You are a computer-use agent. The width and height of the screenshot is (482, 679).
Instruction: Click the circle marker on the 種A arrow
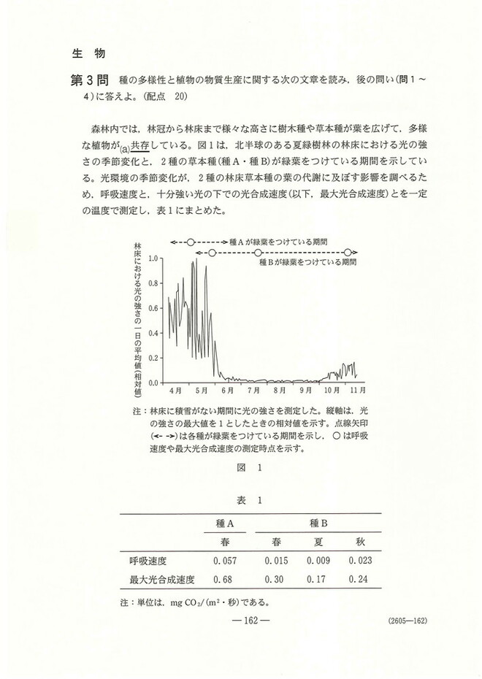click(x=191, y=241)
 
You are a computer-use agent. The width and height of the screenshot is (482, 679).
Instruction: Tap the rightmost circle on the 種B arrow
click(x=348, y=253)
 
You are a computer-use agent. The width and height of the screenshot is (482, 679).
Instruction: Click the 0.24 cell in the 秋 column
click(x=360, y=580)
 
